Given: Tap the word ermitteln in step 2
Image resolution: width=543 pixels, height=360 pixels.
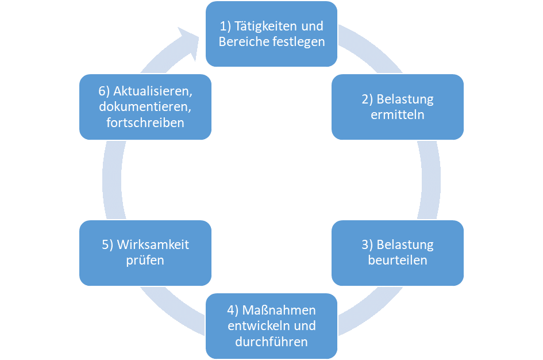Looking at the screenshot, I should [x=398, y=114].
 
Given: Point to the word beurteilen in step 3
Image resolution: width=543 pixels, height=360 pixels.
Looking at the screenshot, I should [x=398, y=260].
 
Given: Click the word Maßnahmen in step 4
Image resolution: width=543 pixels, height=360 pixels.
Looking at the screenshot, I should [x=279, y=311].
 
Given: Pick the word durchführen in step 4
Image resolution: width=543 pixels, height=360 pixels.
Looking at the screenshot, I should [x=272, y=342].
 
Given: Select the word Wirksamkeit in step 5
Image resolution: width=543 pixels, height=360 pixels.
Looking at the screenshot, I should [x=153, y=244].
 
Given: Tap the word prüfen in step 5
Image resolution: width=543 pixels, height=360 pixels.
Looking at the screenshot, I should [x=145, y=260].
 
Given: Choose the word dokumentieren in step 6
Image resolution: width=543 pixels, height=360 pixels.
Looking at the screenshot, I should [x=144, y=106].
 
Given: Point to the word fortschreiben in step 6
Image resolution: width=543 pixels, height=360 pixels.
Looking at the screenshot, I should [x=145, y=122].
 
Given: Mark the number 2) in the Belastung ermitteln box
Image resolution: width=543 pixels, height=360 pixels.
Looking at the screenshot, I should [x=368, y=99].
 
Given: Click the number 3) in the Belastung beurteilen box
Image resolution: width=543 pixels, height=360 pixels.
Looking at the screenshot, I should [x=368, y=244].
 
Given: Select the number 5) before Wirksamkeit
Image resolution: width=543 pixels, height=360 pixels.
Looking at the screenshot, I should [x=108, y=244].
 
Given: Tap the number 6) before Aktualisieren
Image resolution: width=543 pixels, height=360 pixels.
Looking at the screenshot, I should [x=104, y=91].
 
